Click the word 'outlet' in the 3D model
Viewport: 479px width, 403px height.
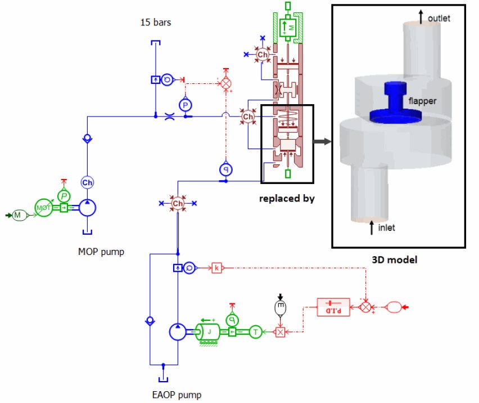[x=439, y=19]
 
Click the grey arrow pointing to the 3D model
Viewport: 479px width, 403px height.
[x=321, y=141]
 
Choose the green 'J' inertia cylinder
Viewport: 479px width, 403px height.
[x=209, y=332]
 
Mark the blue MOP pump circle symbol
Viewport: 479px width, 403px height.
[x=88, y=208]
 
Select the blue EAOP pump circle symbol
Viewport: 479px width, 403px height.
[x=178, y=332]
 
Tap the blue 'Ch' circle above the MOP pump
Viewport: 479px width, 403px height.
[x=87, y=182]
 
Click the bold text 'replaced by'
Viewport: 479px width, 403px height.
[x=287, y=199]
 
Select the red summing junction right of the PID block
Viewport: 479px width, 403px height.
[x=366, y=307]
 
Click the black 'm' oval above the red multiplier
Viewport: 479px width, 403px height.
[x=279, y=307]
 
